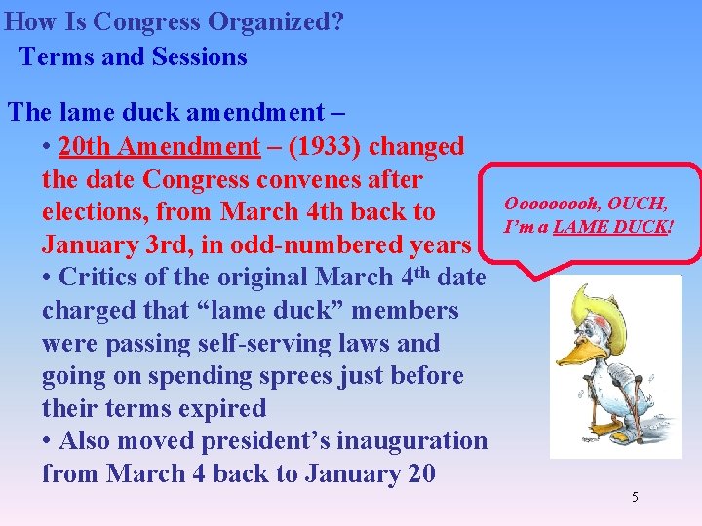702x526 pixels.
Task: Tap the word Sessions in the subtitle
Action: click(200, 56)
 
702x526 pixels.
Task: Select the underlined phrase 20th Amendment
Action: click(159, 147)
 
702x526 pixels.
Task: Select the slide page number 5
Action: click(635, 498)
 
